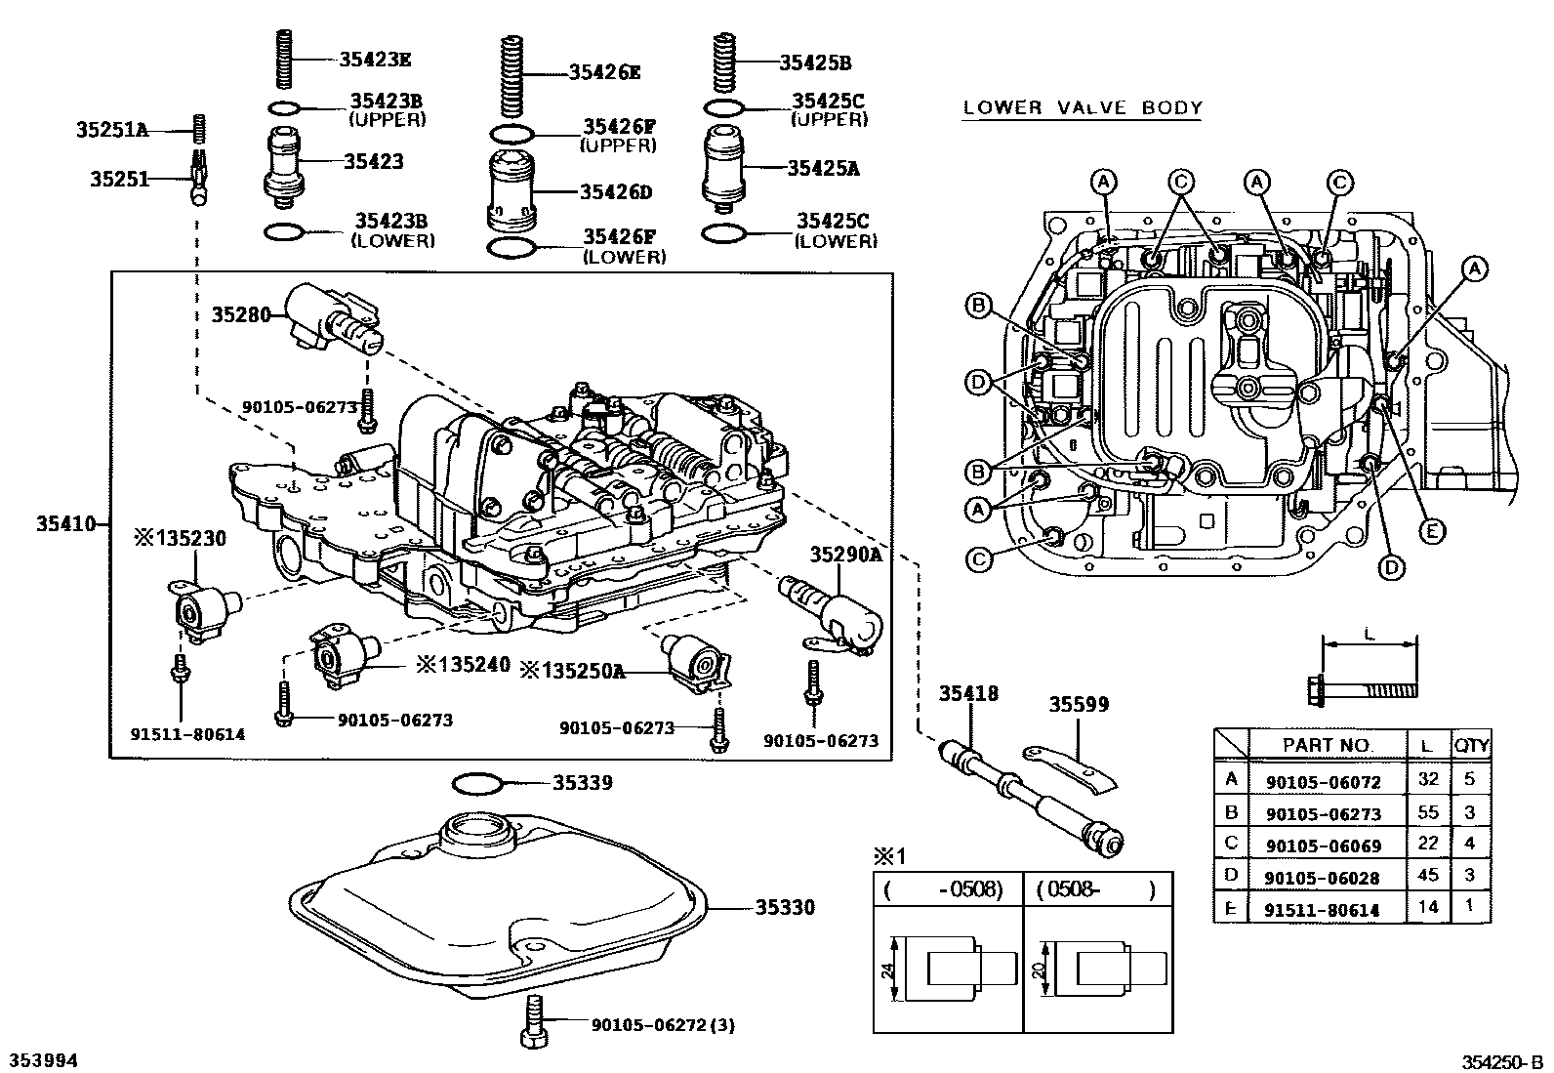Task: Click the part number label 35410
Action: [65, 523]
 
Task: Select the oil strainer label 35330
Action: [784, 908]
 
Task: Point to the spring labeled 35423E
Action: [284, 59]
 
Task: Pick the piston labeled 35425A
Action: [725, 167]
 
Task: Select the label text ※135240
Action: [463, 664]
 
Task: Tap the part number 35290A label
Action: [845, 555]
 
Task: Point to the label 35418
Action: [968, 693]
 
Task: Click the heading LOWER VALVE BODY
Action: [1082, 108]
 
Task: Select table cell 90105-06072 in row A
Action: [1322, 781]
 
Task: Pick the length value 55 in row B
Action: [1428, 812]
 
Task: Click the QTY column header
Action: [1471, 745]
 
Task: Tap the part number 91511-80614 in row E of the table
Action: [1322, 910]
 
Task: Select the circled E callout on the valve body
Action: [1431, 531]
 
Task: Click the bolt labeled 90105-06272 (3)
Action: [535, 1022]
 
